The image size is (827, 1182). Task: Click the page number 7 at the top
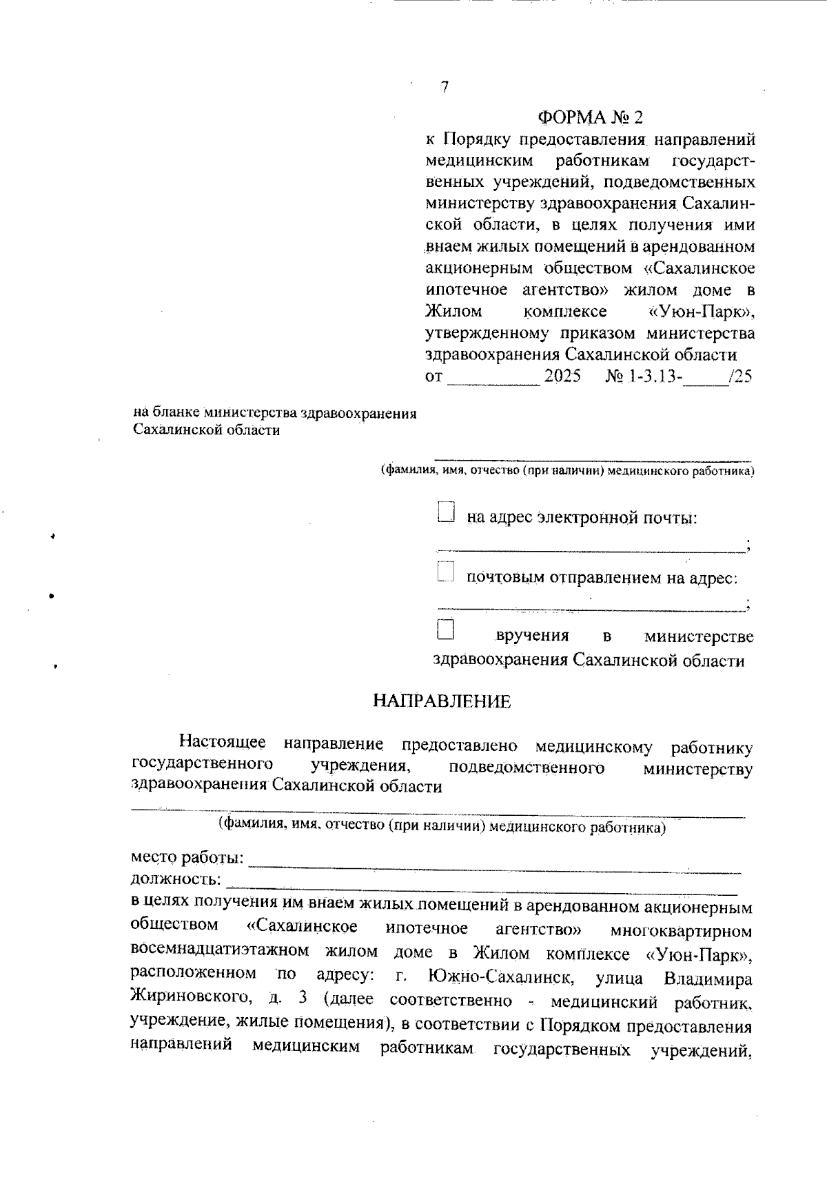tap(445, 88)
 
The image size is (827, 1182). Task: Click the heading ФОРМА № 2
tap(593, 116)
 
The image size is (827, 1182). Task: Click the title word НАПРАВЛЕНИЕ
tap(442, 702)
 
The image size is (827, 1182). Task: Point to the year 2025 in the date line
tap(562, 377)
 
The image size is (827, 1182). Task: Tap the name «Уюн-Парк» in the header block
tap(702, 312)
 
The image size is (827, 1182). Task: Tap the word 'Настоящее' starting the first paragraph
tap(223, 743)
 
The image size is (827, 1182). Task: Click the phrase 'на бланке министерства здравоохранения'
tap(275, 413)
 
